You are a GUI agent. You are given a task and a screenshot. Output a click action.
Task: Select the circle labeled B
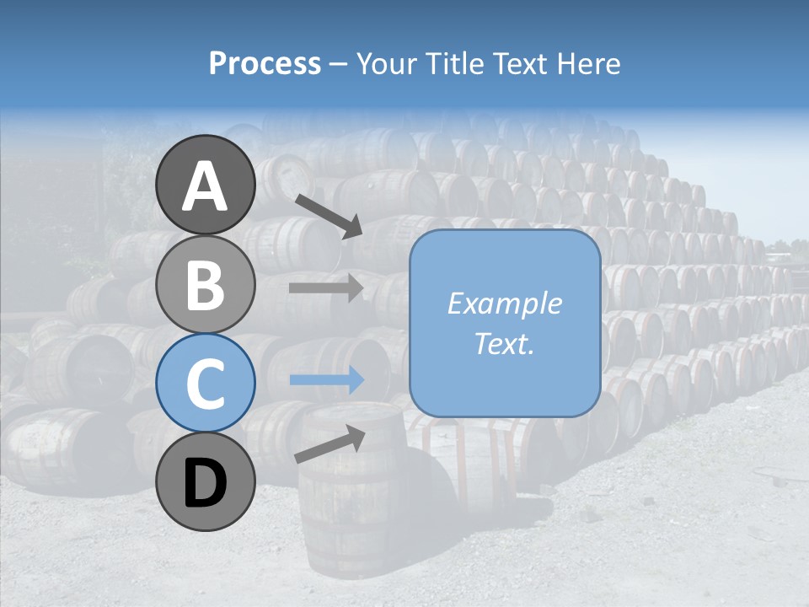[206, 284]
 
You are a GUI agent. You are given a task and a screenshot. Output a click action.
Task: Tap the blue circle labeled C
[206, 384]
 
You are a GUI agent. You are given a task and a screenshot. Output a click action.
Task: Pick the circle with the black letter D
[206, 482]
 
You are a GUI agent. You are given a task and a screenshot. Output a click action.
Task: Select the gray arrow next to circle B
[325, 287]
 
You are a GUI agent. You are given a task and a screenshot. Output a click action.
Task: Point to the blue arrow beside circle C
[325, 380]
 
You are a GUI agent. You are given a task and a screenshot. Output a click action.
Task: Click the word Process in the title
[265, 64]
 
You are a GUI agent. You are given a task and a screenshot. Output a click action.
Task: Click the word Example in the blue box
[504, 303]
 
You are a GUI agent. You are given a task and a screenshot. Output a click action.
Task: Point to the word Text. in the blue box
[504, 344]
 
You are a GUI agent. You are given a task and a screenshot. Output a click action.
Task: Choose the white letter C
[206, 384]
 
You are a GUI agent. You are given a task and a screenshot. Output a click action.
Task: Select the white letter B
[206, 284]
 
